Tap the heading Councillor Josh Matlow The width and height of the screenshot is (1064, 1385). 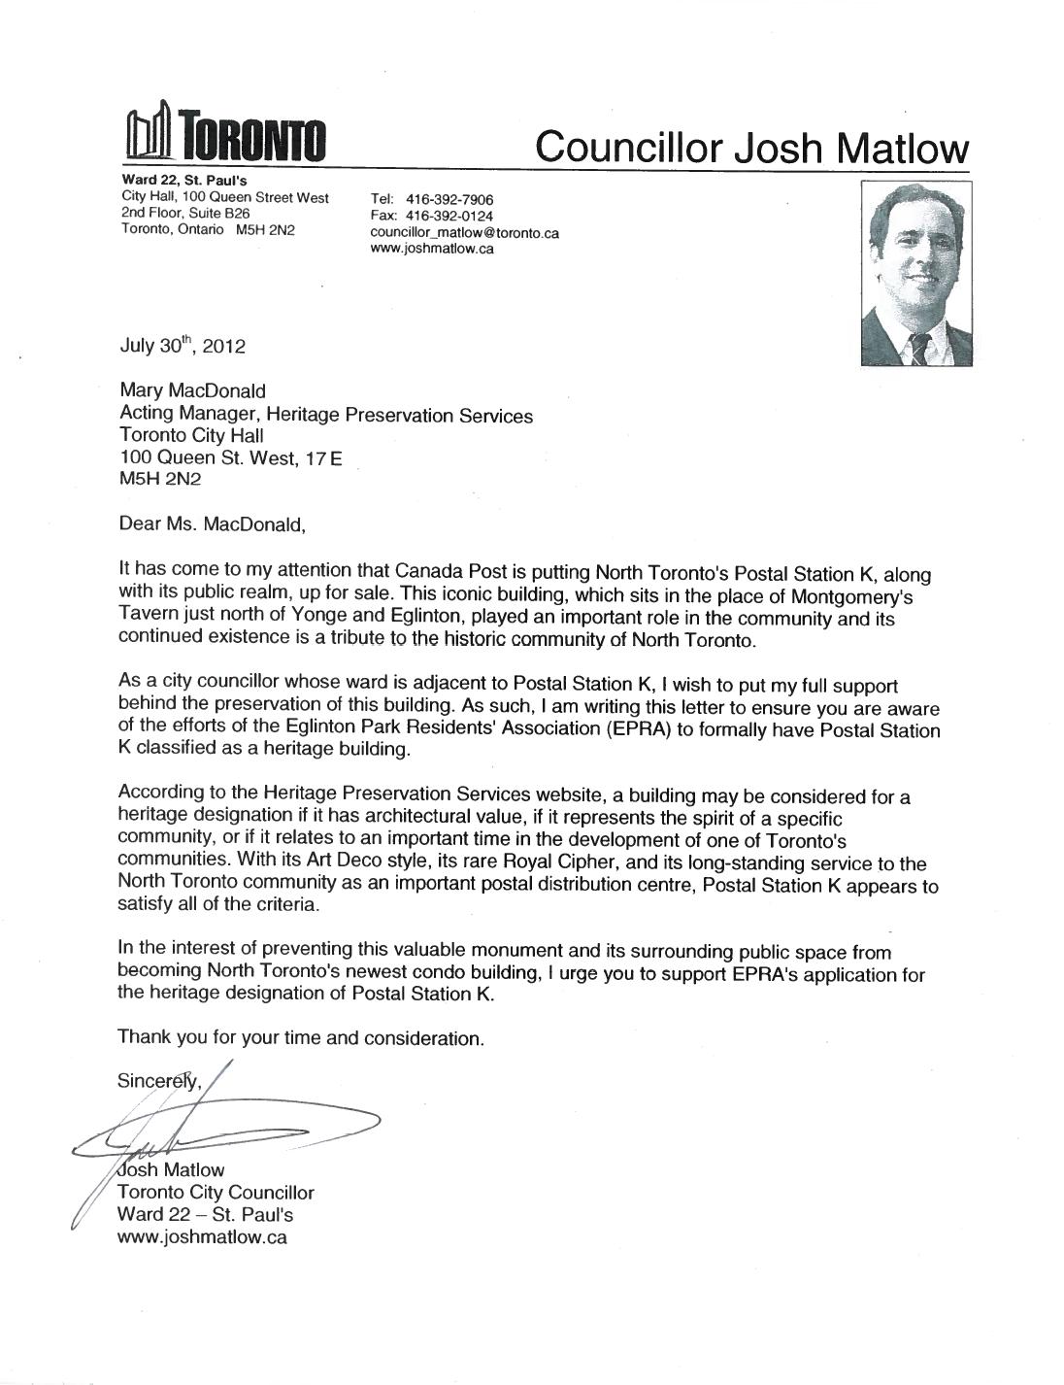(x=752, y=147)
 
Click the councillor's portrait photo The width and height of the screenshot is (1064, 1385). (x=914, y=276)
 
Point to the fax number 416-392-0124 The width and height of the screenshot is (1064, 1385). (x=450, y=216)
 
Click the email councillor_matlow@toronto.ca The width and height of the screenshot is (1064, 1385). (x=464, y=233)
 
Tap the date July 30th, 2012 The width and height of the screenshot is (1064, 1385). (x=183, y=345)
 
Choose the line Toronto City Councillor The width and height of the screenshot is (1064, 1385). (x=216, y=1193)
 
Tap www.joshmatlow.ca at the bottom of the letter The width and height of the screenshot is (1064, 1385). (x=202, y=1237)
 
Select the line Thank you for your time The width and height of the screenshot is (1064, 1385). (x=300, y=1037)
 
